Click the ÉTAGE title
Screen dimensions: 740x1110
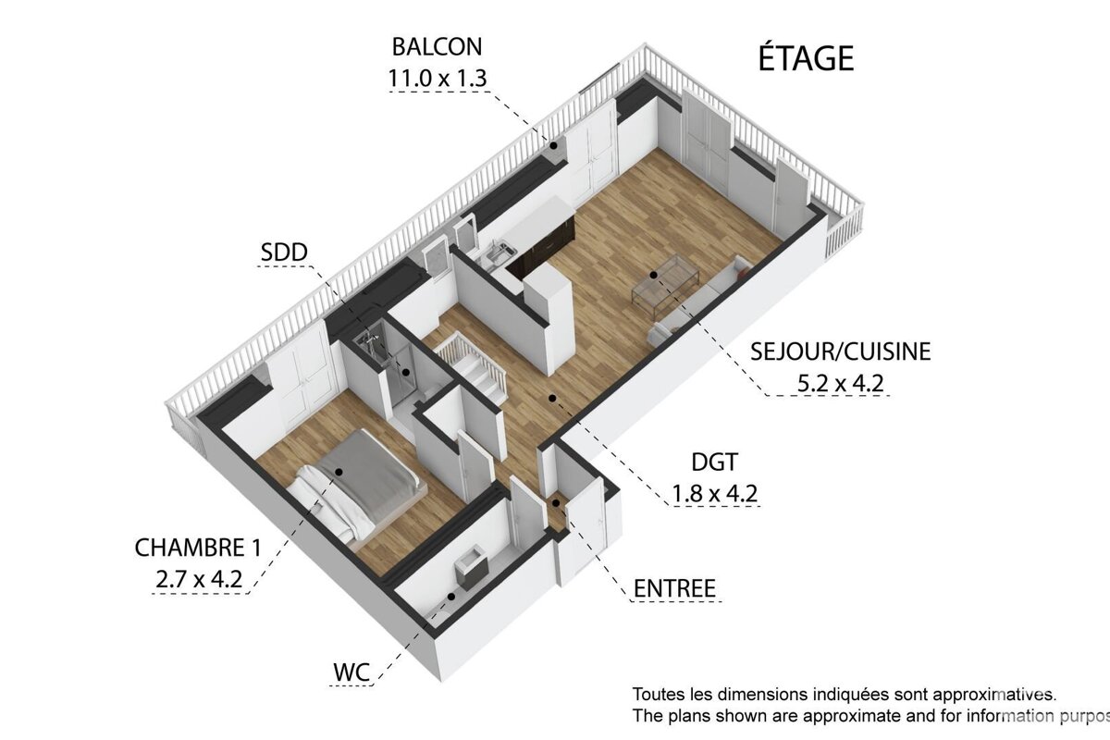(x=806, y=57)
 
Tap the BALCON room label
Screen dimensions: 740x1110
(x=437, y=46)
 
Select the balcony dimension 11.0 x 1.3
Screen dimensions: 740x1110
(x=437, y=78)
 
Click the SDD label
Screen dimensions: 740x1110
(x=285, y=251)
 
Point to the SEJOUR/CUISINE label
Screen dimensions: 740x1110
(x=840, y=351)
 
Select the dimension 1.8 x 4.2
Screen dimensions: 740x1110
(x=714, y=493)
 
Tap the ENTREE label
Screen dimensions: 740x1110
(x=674, y=588)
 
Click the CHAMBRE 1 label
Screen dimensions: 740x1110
(x=197, y=548)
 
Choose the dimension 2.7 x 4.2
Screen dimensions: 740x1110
(x=198, y=580)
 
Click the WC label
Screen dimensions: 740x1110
(x=351, y=672)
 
